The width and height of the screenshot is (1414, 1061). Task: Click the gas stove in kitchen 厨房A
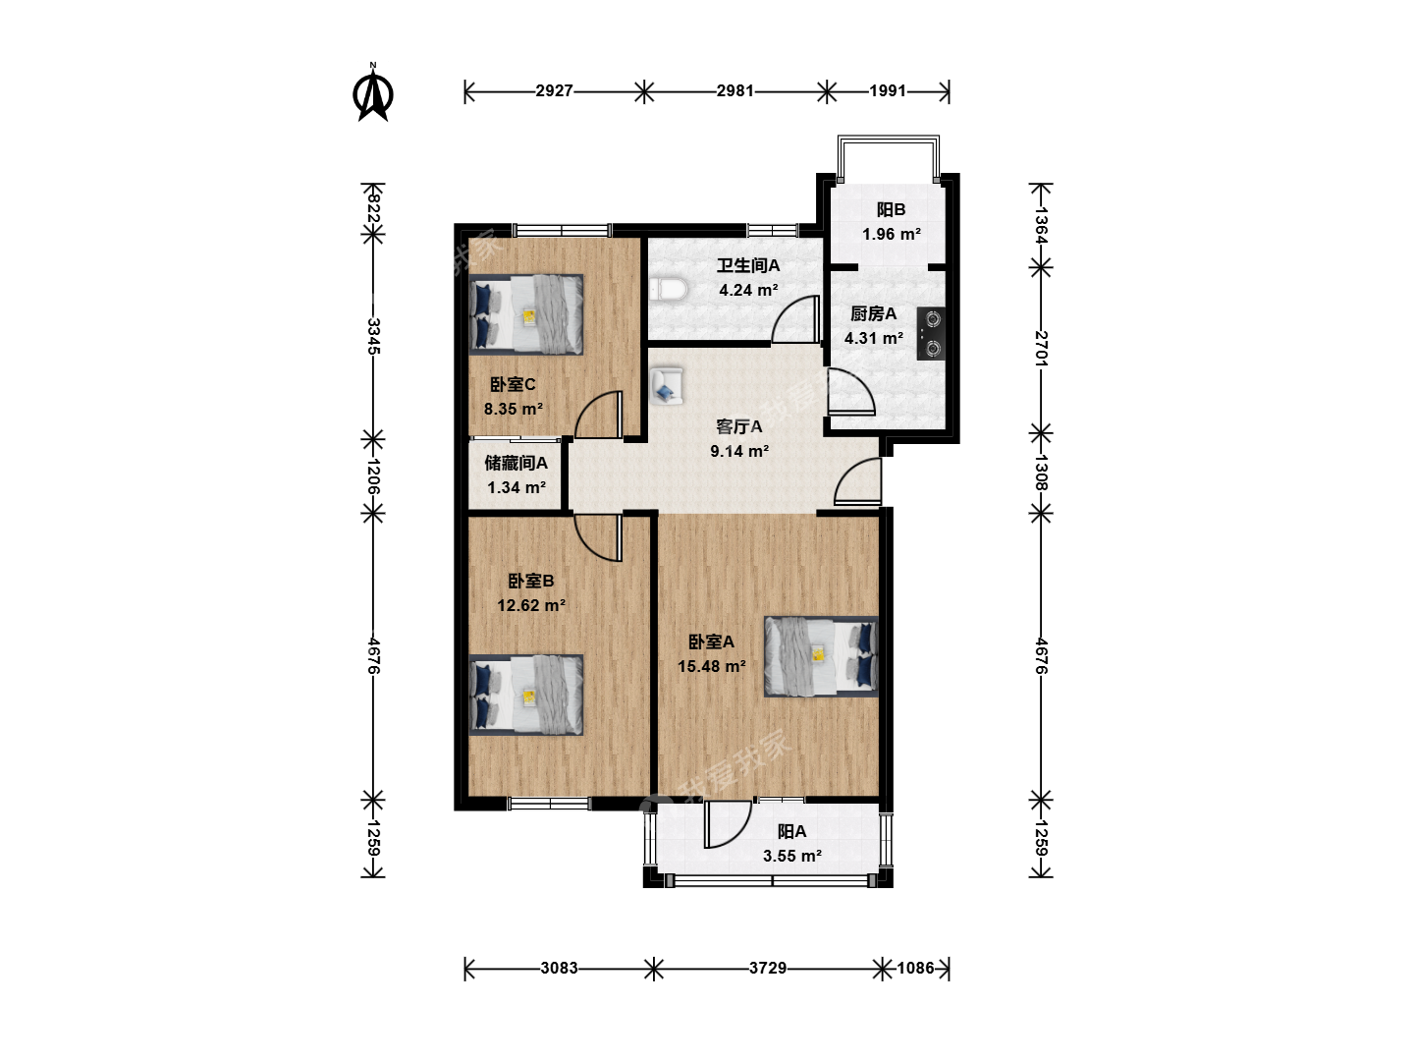[931, 333]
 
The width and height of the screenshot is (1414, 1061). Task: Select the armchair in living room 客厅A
[666, 386]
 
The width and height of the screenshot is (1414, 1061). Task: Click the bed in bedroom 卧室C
[526, 315]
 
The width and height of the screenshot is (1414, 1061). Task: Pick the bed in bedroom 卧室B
[526, 696]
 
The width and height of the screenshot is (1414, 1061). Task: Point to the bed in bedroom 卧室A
[821, 656]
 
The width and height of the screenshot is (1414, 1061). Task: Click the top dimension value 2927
[554, 90]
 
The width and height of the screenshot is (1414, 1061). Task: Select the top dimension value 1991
[888, 90]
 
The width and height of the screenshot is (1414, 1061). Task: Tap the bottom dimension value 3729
[767, 968]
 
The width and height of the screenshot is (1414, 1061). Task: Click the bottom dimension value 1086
[915, 968]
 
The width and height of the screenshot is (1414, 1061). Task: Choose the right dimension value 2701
[1041, 348]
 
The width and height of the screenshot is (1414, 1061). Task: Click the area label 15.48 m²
[712, 666]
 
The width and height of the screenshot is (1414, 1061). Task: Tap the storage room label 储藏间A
[516, 463]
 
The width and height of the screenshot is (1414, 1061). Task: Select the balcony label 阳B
[891, 209]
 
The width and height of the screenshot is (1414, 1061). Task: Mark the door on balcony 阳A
[728, 824]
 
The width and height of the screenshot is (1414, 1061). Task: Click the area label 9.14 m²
[739, 451]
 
